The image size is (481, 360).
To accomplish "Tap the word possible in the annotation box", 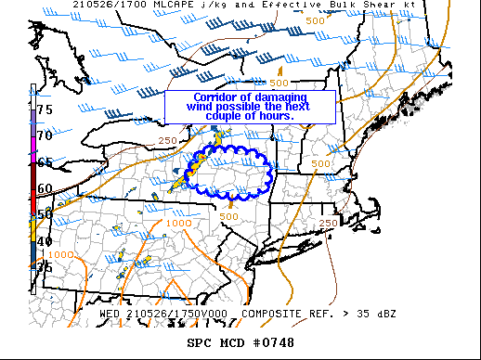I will tap(236, 107).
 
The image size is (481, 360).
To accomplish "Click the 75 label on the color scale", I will tap(44, 109).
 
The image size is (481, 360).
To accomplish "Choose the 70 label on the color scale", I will tap(44, 135).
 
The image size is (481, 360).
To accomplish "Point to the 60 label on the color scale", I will tap(44, 188).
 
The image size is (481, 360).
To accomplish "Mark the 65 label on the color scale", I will tap(44, 162).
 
